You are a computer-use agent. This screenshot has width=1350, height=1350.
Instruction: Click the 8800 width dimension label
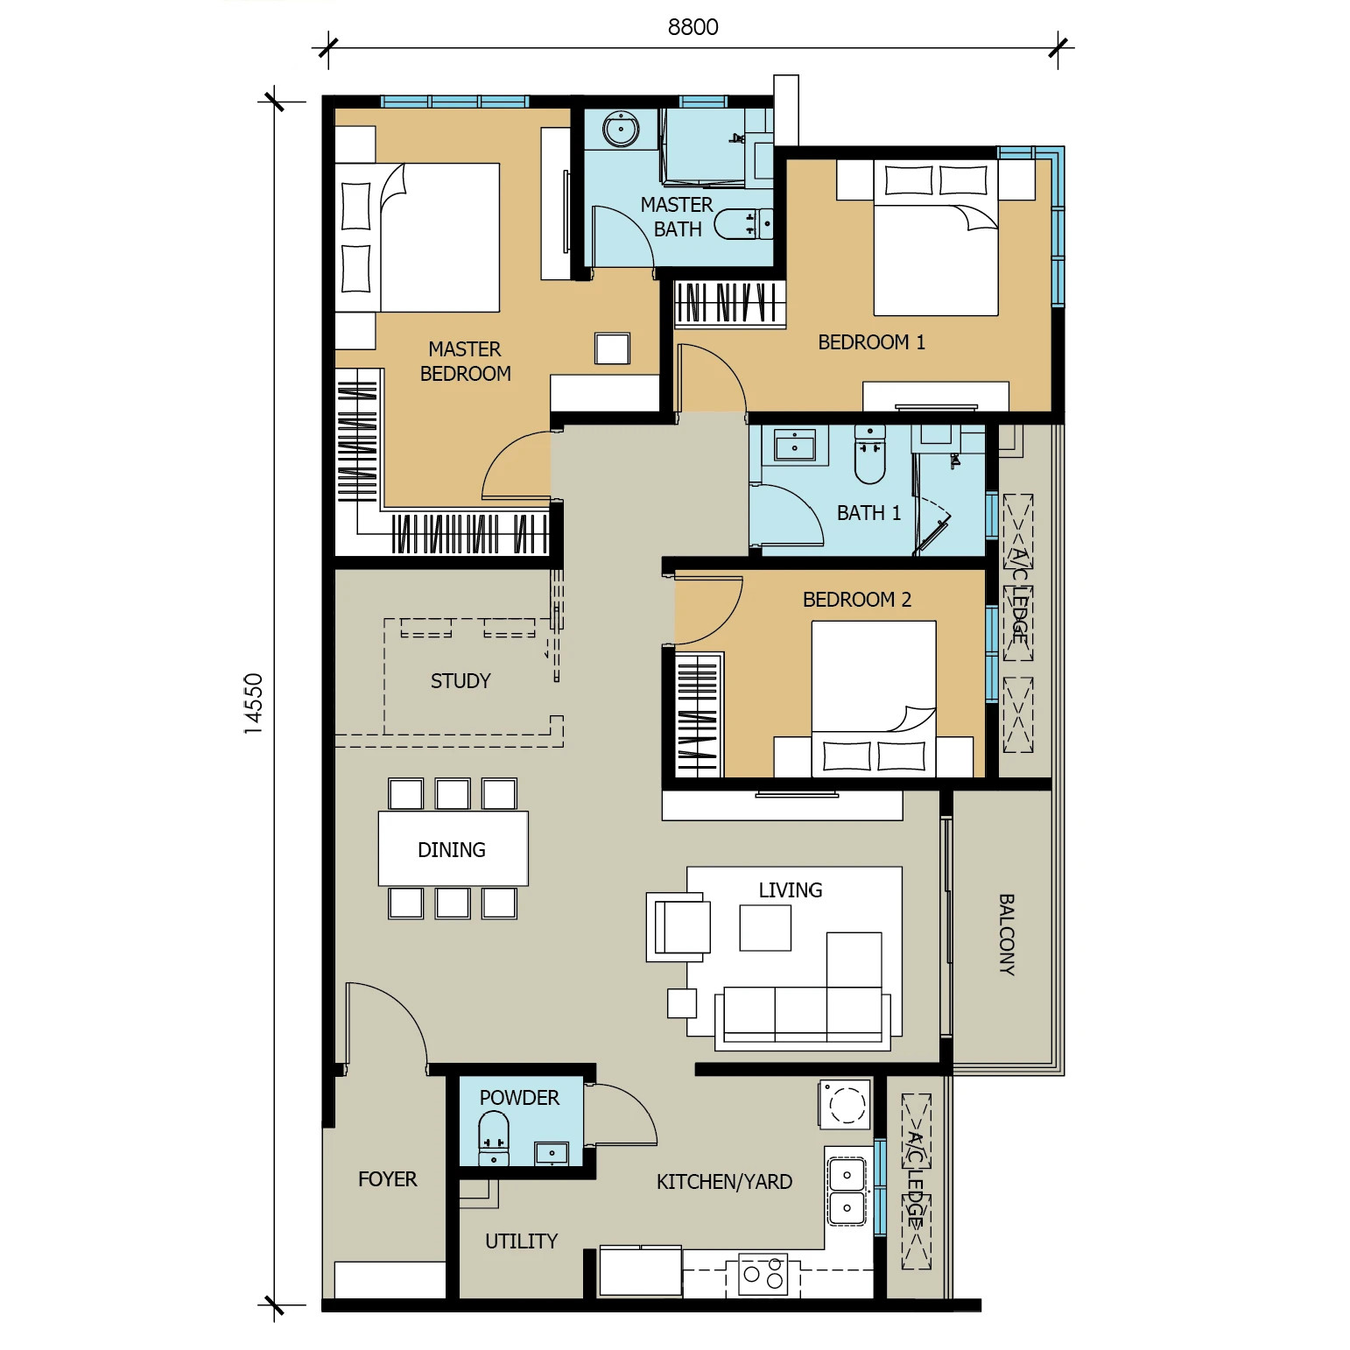point(693,27)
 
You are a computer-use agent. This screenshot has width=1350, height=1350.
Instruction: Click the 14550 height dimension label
point(253,703)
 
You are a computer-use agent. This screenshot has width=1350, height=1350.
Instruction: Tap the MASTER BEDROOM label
point(465,362)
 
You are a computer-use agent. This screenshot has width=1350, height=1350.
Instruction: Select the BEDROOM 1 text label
point(871,342)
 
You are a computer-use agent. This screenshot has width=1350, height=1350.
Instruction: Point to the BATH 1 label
point(868,513)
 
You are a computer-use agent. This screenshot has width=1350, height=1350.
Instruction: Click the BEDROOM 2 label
point(857,600)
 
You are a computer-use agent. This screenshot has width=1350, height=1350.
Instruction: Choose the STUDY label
point(461,681)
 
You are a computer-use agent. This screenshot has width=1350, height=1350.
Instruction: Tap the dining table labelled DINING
point(453,848)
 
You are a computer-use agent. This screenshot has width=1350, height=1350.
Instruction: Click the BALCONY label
point(1007,934)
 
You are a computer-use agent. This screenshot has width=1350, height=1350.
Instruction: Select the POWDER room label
point(519,1098)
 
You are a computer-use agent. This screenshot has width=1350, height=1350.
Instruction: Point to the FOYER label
point(388,1179)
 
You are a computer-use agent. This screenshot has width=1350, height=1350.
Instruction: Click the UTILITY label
point(521,1241)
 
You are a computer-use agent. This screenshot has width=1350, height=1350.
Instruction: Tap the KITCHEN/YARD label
point(724,1182)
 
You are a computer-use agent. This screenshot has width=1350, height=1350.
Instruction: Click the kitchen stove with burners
point(763,1275)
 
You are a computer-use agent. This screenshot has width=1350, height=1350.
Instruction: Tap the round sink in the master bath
point(622,130)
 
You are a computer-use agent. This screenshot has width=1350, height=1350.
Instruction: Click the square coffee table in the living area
point(765,927)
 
